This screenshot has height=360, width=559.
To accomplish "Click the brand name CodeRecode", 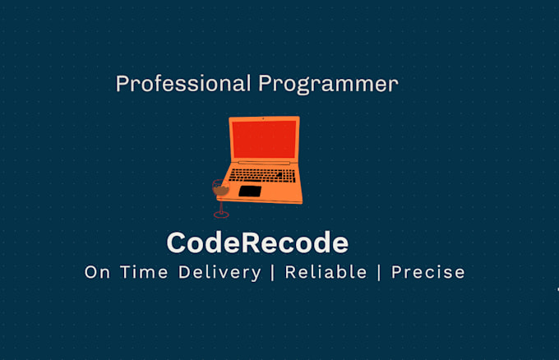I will click(257, 242).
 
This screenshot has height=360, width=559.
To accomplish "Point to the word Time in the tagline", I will click(148, 272).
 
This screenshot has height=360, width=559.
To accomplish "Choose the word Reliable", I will click(326, 272).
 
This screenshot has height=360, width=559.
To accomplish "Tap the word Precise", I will click(427, 272).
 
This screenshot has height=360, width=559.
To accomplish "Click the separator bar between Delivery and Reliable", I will click(273, 272).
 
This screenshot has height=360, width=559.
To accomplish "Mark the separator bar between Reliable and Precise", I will click(379, 272).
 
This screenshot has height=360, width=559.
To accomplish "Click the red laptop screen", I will click(263, 139).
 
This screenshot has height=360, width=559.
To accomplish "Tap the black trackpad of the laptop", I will click(250, 192).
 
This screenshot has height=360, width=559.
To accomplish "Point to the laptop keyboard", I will click(261, 175).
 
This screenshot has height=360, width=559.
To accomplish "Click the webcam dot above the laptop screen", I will click(263, 120).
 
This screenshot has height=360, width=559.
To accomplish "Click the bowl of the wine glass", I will click(219, 189).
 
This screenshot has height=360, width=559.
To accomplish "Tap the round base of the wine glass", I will click(220, 215).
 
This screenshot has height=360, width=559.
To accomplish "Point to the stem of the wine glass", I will click(220, 205).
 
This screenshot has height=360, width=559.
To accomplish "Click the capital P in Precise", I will click(398, 272).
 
